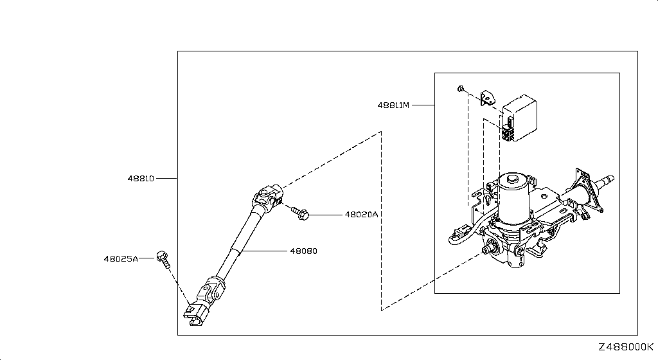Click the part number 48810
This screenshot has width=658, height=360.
point(141,178)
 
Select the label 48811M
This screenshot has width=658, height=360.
point(393,105)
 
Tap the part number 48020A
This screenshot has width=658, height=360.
point(361,215)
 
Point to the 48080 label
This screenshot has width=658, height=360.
point(303,251)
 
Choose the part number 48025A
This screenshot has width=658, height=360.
point(121,259)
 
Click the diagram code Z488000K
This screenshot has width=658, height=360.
point(626,347)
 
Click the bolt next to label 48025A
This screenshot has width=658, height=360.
point(163,259)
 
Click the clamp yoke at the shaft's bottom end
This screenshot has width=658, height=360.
point(195,314)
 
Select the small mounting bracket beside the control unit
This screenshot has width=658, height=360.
point(487,98)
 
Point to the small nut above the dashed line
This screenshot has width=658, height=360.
point(460,89)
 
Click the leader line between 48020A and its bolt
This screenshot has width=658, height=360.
point(326,215)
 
